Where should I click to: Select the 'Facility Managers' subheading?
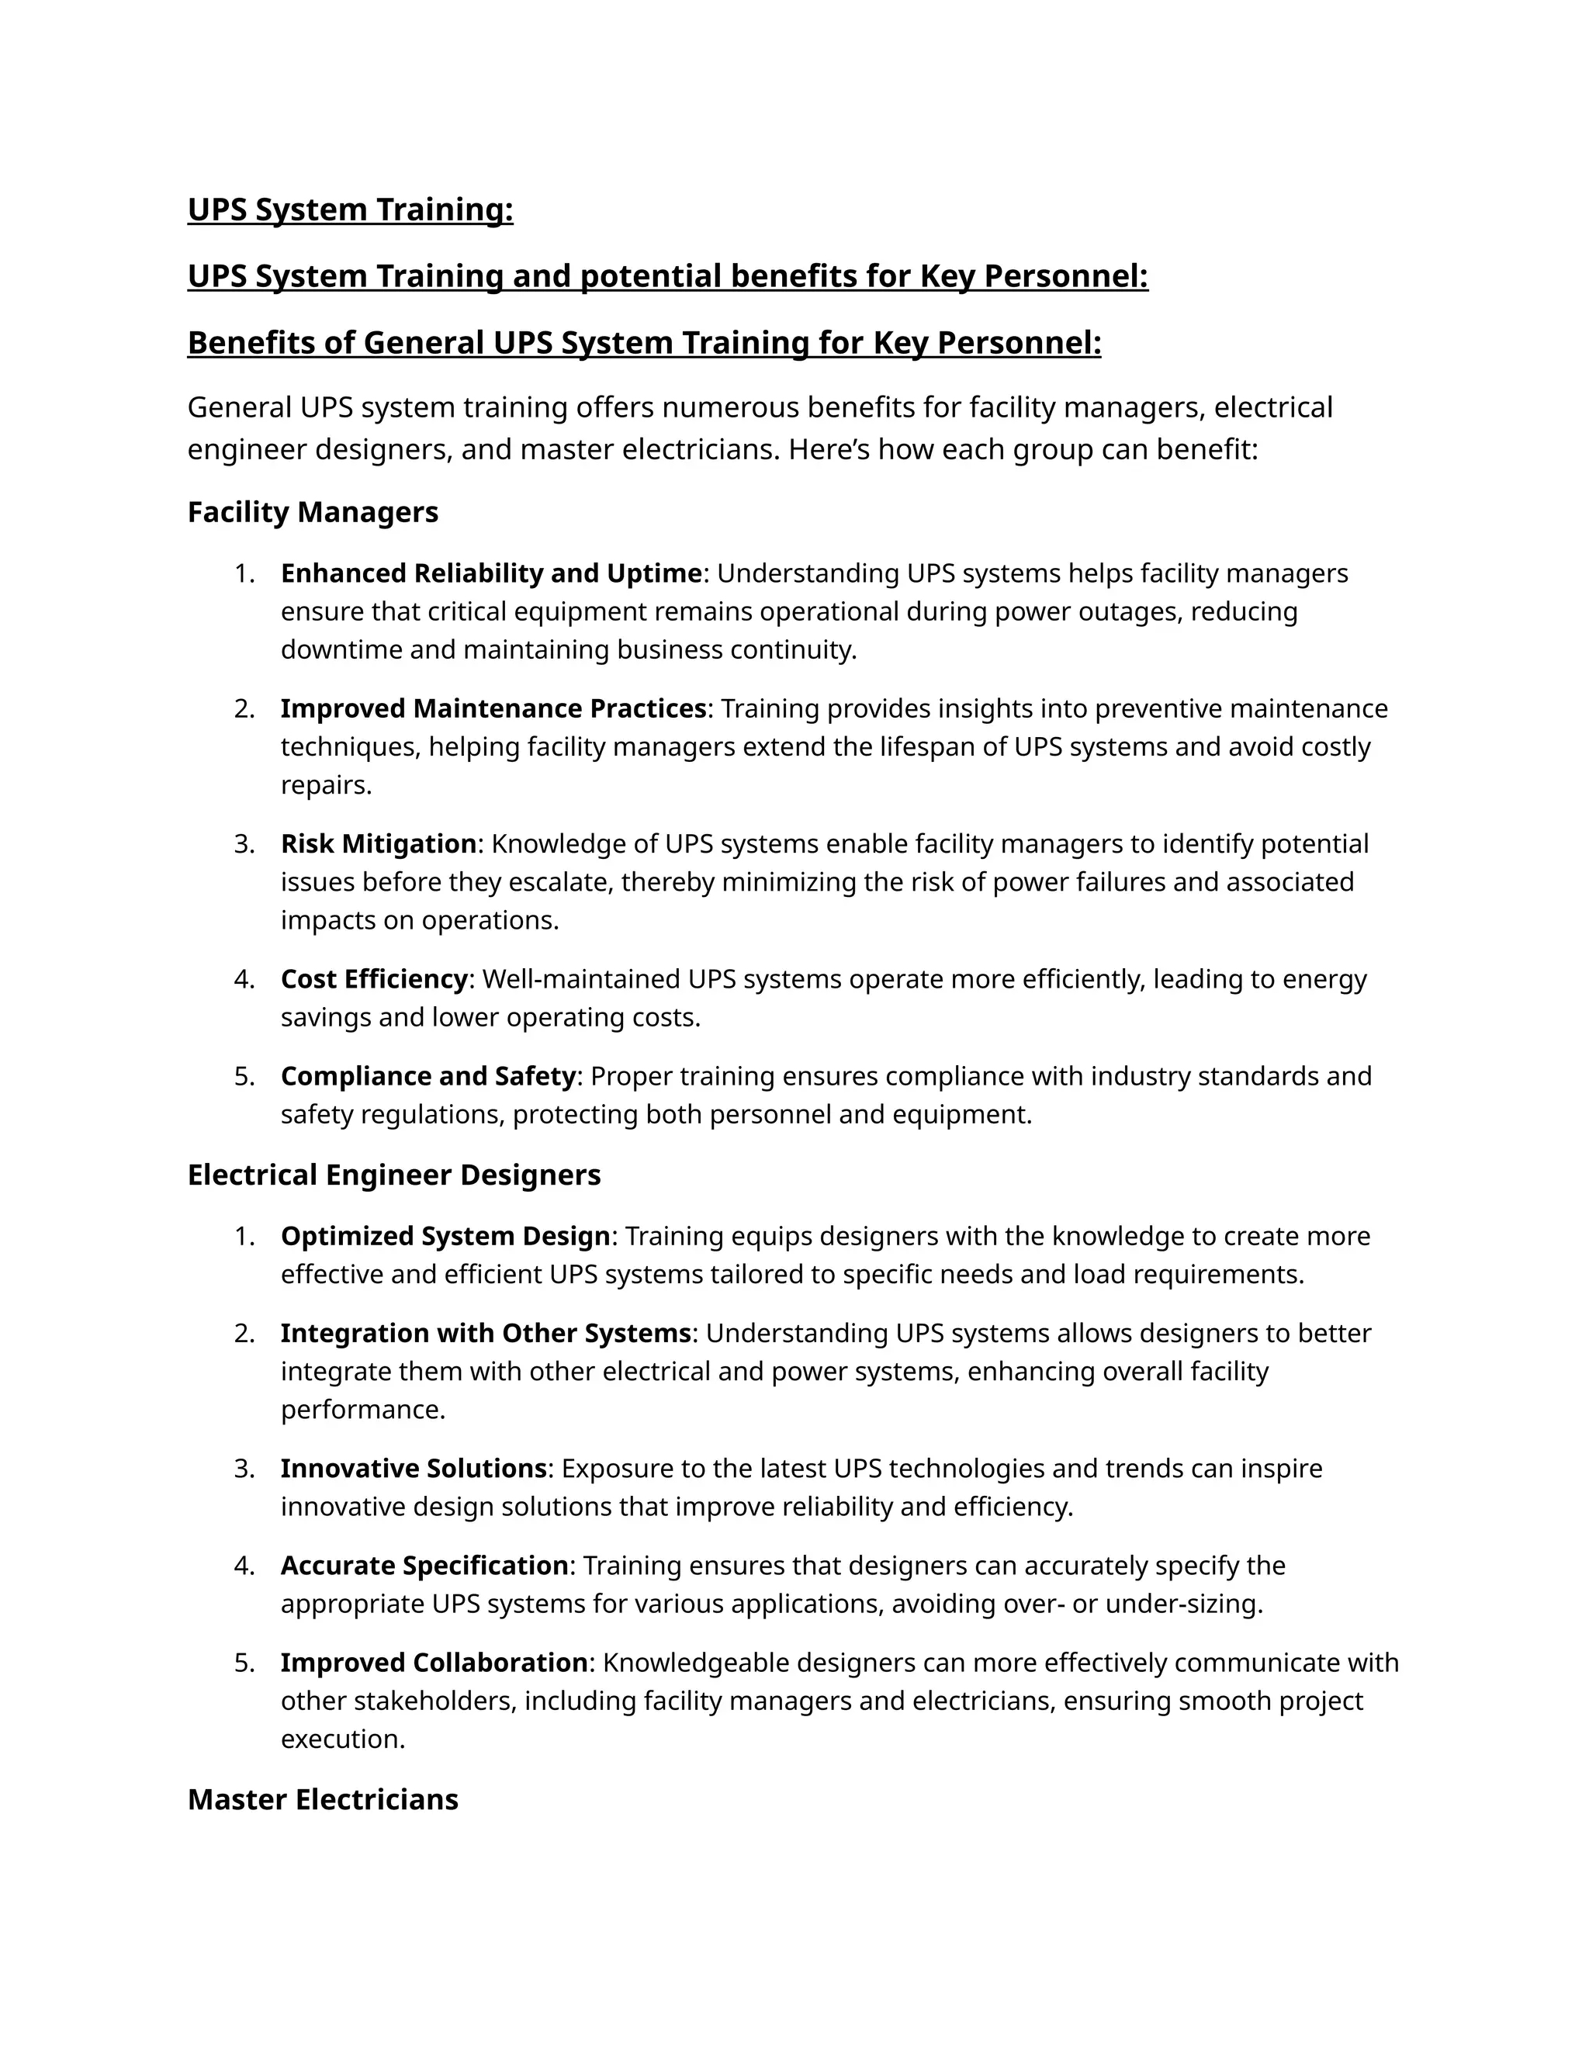[x=313, y=512]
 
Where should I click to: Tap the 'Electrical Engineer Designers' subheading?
[x=393, y=1175]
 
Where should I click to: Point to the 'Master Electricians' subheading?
[x=323, y=1799]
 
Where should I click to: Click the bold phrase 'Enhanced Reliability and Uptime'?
[x=490, y=573]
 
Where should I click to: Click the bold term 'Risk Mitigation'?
[x=379, y=843]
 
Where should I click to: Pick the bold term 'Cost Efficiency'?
[x=374, y=979]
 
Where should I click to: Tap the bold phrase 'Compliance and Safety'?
[x=428, y=1076]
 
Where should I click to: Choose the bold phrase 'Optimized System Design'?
[x=445, y=1236]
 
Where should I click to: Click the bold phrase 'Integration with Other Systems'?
[x=486, y=1333]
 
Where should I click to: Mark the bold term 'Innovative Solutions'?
[x=414, y=1469]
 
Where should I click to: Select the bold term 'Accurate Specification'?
[x=424, y=1566]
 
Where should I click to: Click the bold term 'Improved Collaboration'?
[x=434, y=1663]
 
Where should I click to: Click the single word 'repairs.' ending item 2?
[x=326, y=785]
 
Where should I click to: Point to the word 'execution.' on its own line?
[x=343, y=1739]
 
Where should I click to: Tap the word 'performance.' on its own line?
[x=362, y=1410]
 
